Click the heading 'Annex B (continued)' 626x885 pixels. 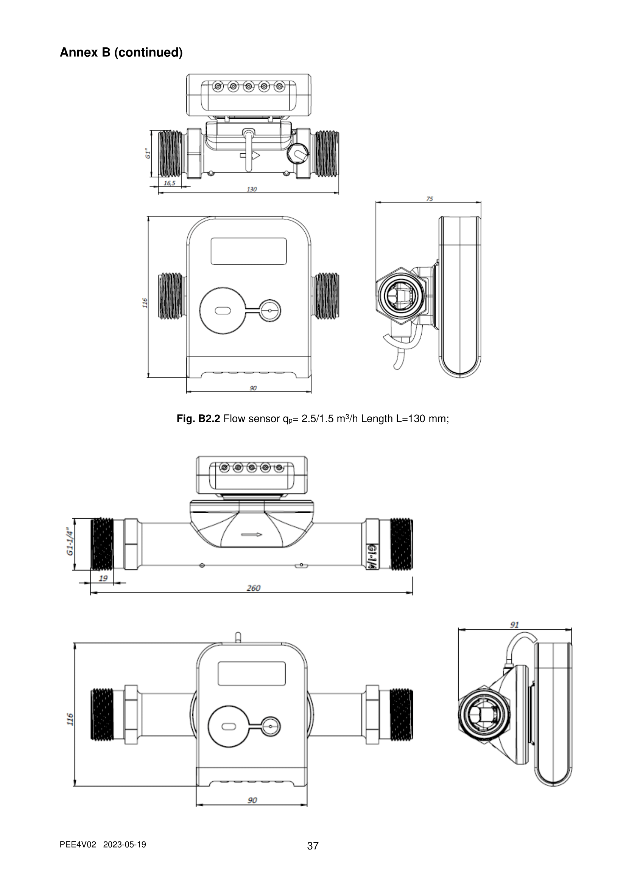tap(121, 53)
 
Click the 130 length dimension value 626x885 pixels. tap(251, 189)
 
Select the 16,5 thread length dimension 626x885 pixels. tap(169, 183)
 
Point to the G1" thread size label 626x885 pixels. tap(148, 153)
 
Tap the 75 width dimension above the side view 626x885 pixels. tap(430, 199)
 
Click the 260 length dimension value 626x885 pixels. tap(253, 588)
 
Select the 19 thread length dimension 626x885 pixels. tap(103, 578)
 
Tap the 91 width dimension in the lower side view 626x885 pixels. tap(514, 624)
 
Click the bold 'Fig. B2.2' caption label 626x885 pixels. tap(198, 418)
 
